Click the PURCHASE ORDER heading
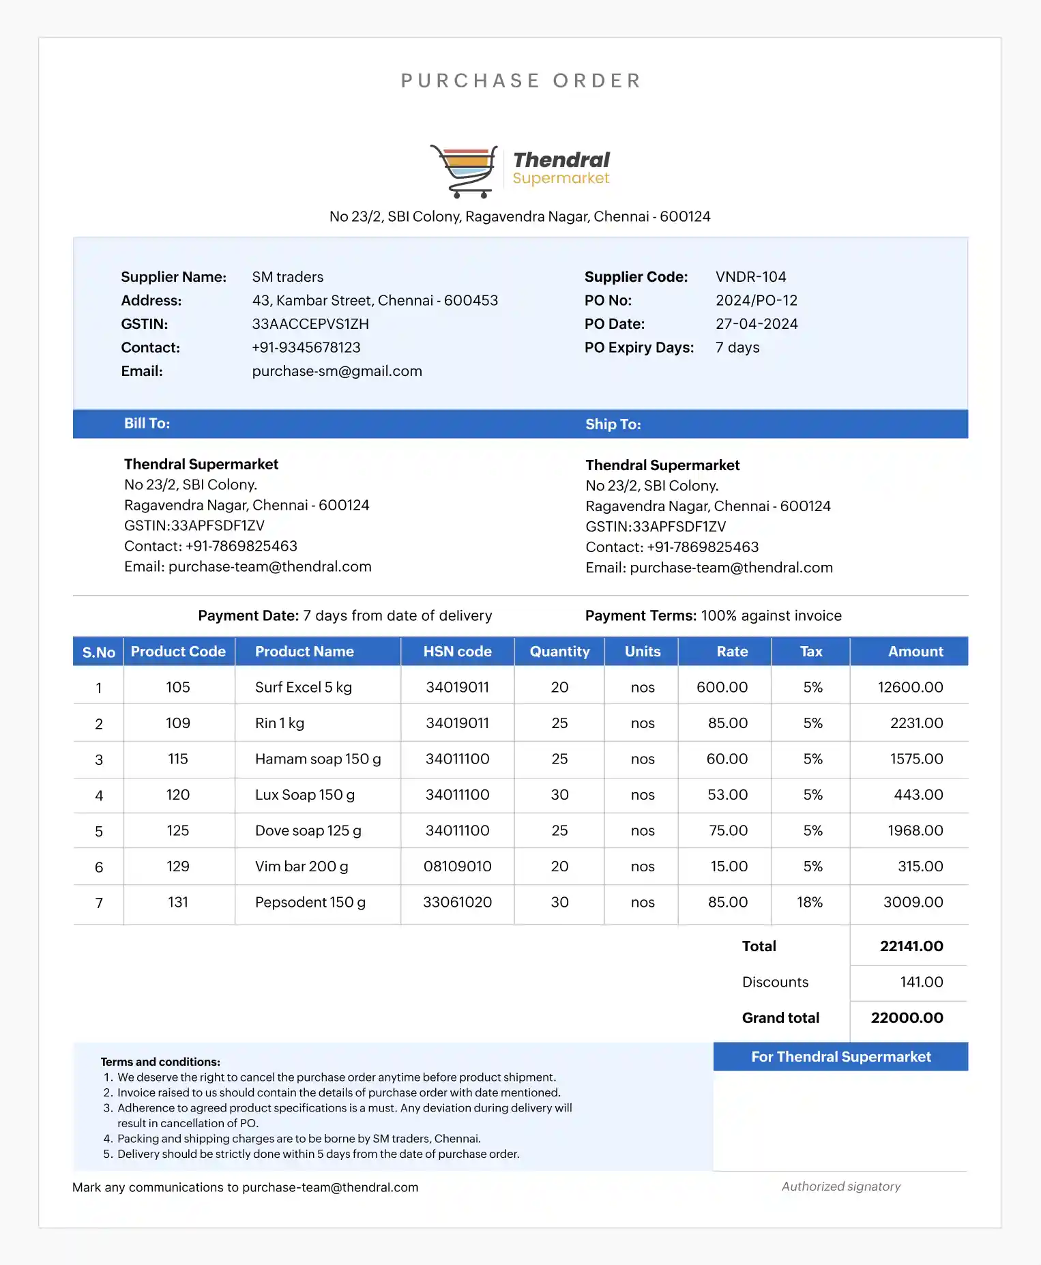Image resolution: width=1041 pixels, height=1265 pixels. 520,81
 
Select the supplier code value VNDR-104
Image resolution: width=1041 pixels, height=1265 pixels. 750,277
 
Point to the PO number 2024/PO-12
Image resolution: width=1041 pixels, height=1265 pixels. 756,300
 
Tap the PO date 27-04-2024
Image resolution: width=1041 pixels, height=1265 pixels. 756,324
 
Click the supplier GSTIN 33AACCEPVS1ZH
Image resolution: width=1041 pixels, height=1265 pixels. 310,324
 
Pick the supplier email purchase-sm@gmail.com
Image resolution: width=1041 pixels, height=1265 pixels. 337,371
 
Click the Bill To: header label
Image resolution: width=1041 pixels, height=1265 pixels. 147,424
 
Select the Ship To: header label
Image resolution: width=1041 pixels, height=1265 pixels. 613,424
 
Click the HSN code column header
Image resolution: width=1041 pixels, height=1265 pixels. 457,652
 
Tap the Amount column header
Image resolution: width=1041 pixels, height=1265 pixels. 915,652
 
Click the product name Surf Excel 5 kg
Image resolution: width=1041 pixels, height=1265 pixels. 304,687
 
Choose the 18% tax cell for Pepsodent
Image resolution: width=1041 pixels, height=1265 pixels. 810,902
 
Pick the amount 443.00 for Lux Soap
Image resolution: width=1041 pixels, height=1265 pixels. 918,795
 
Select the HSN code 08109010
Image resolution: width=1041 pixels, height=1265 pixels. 457,867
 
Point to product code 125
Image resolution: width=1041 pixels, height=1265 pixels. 178,830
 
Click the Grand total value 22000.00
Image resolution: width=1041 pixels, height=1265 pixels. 907,1018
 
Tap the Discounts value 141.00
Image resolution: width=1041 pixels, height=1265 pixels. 921,982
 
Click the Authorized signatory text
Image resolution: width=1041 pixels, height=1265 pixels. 840,1187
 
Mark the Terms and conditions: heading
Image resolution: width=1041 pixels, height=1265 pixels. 160,1062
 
